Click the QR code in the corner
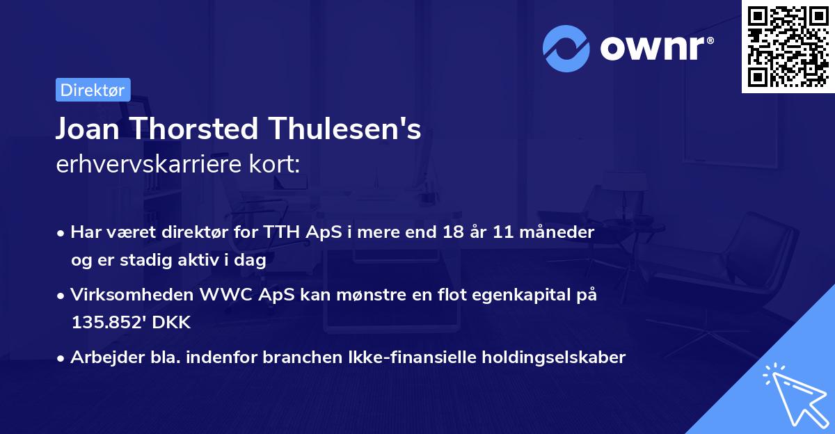(x=788, y=47)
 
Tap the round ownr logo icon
(x=566, y=47)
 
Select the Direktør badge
(x=93, y=90)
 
